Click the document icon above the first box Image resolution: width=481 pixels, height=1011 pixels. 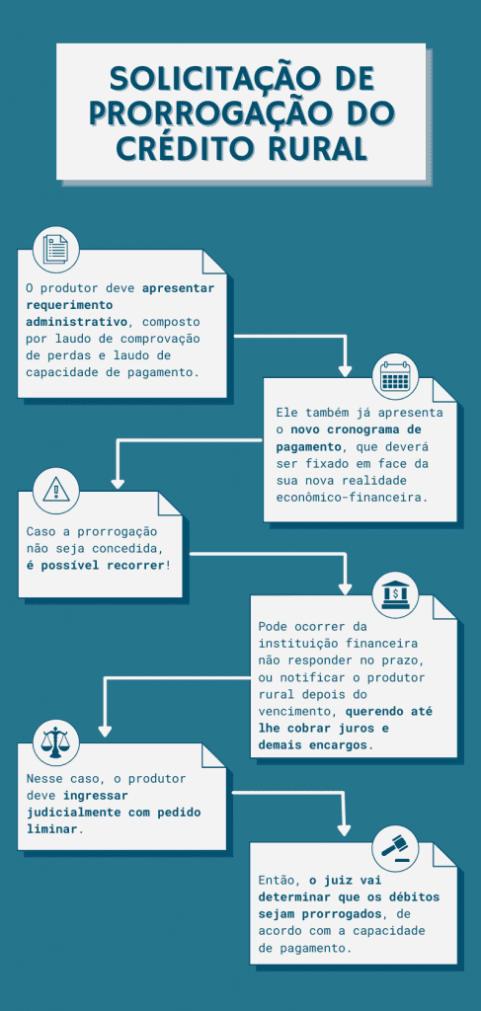(56, 249)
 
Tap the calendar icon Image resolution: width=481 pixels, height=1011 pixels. (395, 378)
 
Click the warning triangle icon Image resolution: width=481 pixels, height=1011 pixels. (56, 489)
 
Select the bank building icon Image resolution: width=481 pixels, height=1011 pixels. (395, 594)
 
